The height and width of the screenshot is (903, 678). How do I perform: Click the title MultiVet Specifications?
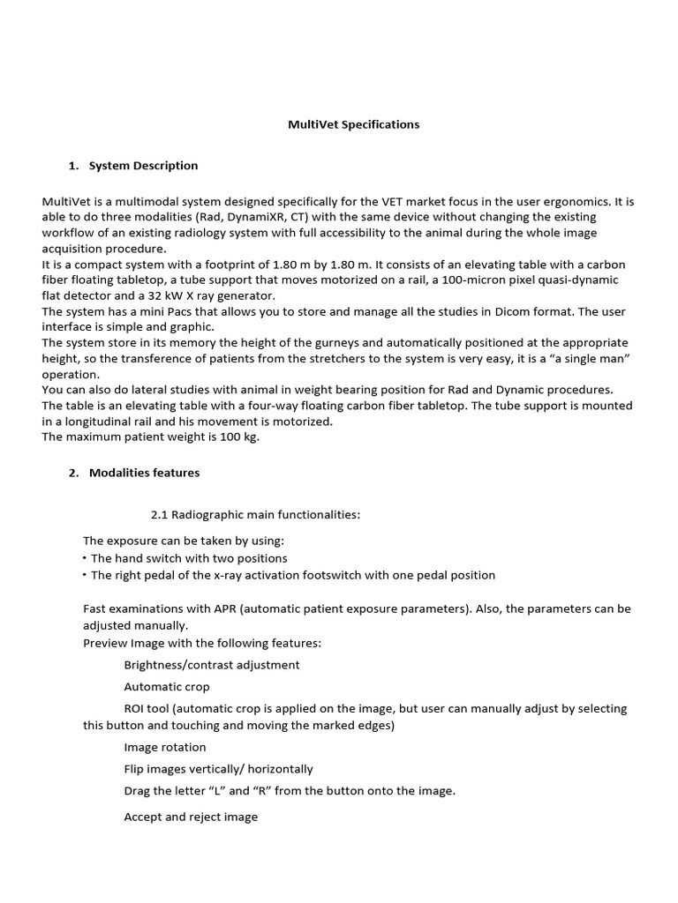tap(353, 124)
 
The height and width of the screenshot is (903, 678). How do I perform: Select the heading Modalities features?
tap(144, 473)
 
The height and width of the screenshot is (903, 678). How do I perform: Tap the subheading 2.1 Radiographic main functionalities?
tap(255, 515)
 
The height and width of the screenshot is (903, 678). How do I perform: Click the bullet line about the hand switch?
tap(189, 558)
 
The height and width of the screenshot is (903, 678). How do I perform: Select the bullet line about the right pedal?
tap(292, 575)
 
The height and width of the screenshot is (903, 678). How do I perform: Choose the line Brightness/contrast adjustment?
tap(211, 665)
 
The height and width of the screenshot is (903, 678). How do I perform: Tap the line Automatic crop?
tap(167, 686)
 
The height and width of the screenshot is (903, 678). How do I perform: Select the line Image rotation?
tap(165, 748)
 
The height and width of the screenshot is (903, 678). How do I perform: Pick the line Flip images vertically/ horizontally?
tap(218, 769)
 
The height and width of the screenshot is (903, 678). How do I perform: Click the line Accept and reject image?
tap(191, 817)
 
